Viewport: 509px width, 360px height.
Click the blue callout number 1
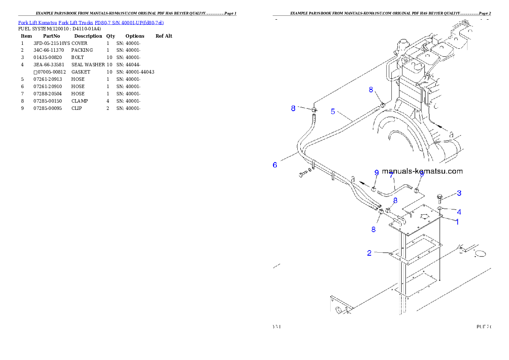pyautogui.click(x=457, y=222)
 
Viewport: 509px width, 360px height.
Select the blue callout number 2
pyautogui.click(x=370, y=253)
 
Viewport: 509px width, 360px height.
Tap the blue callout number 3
pyautogui.click(x=459, y=193)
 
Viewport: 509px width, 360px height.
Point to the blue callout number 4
pyautogui.click(x=459, y=212)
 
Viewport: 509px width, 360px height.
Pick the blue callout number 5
pyautogui.click(x=333, y=112)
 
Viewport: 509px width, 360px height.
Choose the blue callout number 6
pyautogui.click(x=275, y=165)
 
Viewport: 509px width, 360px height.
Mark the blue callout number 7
pyautogui.click(x=391, y=175)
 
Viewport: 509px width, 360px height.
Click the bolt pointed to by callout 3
pyautogui.click(x=440, y=198)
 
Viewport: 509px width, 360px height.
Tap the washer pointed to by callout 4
pyautogui.click(x=440, y=209)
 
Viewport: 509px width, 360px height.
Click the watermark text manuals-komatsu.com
pyautogui.click(x=422, y=171)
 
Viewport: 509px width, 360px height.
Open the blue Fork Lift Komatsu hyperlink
pyautogui.click(x=91, y=22)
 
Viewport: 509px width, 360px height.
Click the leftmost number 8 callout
pyautogui.click(x=293, y=109)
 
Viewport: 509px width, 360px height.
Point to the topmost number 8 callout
pyautogui.click(x=371, y=90)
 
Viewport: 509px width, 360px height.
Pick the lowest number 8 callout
pyautogui.click(x=373, y=229)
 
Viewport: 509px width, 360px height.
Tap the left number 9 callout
pyautogui.click(x=376, y=173)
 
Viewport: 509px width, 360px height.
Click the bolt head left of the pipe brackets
pyautogui.click(x=302, y=174)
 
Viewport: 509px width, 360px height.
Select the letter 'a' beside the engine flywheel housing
pyautogui.click(x=451, y=134)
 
